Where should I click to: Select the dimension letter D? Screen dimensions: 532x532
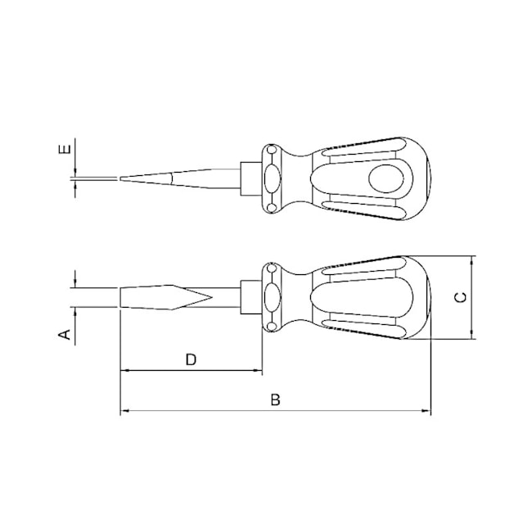click(191, 359)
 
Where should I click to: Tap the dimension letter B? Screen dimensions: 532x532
click(276, 399)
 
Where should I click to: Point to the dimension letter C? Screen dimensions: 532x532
click(460, 297)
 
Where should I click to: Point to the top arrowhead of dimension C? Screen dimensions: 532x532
click(472, 259)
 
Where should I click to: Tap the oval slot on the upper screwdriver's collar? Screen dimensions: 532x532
click(271, 178)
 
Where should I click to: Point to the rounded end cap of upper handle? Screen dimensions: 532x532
click(426, 178)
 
